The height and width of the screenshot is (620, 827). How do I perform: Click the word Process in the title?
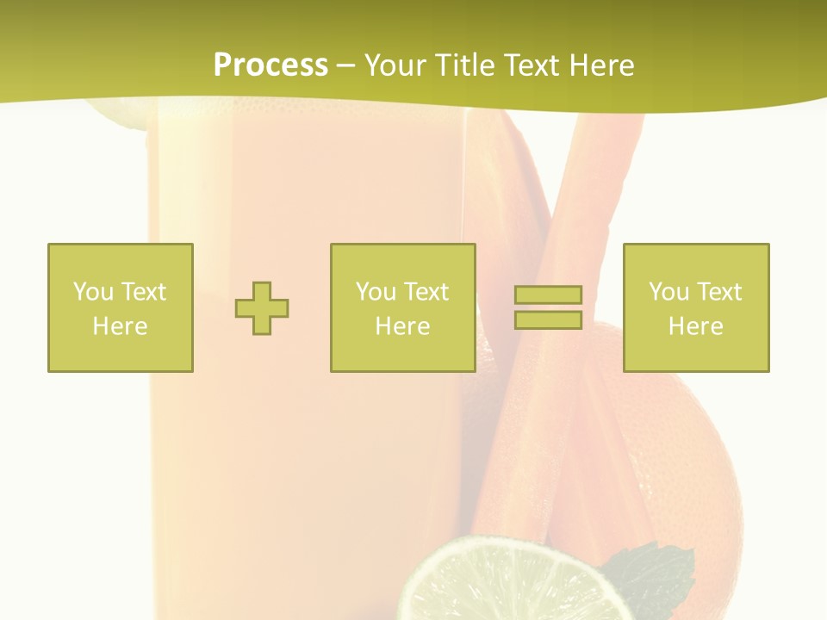coord(270,65)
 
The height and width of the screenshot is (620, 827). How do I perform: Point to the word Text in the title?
coord(534,65)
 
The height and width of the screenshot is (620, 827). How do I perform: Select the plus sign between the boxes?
coord(262,308)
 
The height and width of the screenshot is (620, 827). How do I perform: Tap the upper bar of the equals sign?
coord(548,295)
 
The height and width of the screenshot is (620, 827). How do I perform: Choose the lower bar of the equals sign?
coord(548,320)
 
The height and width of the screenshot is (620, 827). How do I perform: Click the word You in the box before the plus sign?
coord(93,292)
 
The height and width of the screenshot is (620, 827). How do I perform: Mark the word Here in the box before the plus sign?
coord(120,326)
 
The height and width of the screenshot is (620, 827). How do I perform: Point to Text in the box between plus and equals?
coord(426,292)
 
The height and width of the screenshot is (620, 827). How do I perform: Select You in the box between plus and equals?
coord(376,292)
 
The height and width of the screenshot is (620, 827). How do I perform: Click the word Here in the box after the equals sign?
coord(695,326)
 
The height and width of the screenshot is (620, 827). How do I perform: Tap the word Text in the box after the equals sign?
coord(719,292)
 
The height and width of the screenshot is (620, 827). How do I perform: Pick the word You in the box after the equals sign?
coord(668,292)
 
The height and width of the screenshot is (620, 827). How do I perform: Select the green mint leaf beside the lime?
coord(650,573)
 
